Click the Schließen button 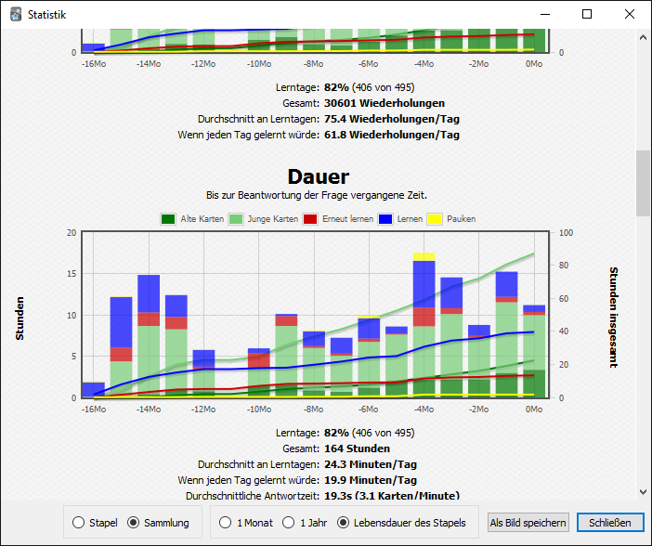pos(610,523)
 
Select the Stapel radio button pos(78,523)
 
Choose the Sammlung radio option pos(134,523)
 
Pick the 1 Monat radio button pos(226,523)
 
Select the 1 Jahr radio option pos(289,523)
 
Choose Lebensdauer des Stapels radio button pos(344,523)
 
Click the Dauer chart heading pos(319,176)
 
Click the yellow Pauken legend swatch pos(435,219)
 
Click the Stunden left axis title pos(20,318)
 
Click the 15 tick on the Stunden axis pos(72,274)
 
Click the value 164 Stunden pos(357,448)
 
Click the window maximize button pos(587,15)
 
